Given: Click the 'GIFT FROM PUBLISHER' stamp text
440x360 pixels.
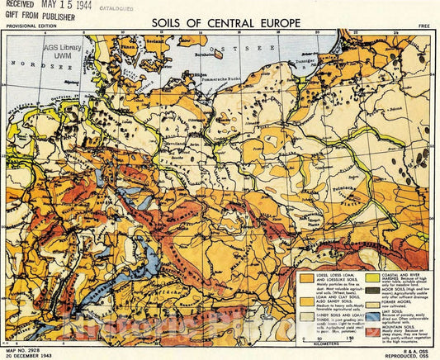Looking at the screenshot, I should click(x=41, y=17).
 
